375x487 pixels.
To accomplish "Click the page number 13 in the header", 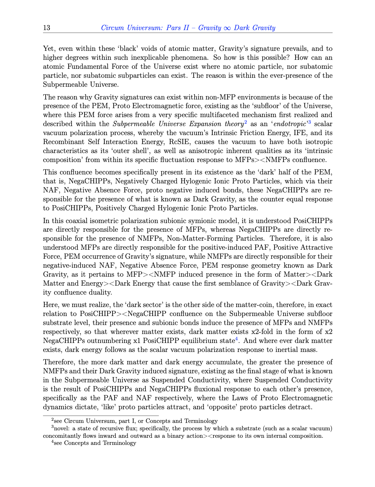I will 46,28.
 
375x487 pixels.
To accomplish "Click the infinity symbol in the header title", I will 227,28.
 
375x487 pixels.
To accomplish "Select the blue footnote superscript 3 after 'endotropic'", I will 309,122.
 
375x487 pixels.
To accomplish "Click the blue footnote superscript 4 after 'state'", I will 237,339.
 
